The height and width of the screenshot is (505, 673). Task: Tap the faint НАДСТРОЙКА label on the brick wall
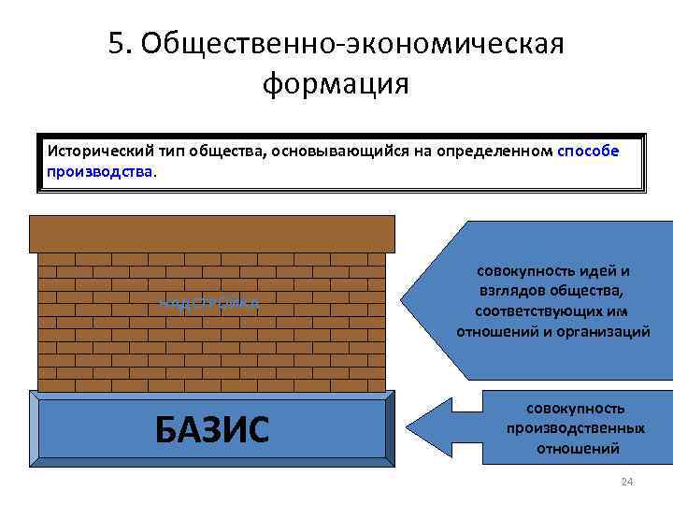coord(210,303)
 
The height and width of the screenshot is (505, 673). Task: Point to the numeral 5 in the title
coord(116,44)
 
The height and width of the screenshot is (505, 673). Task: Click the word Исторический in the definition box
coord(96,151)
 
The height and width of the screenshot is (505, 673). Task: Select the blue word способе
coord(588,151)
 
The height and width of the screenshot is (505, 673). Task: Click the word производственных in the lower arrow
coord(576,428)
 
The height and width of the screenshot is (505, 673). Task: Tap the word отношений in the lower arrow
coord(577,449)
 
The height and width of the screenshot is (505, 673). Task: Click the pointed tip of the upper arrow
coord(403,299)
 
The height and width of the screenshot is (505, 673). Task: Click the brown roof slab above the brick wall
coord(212,234)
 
